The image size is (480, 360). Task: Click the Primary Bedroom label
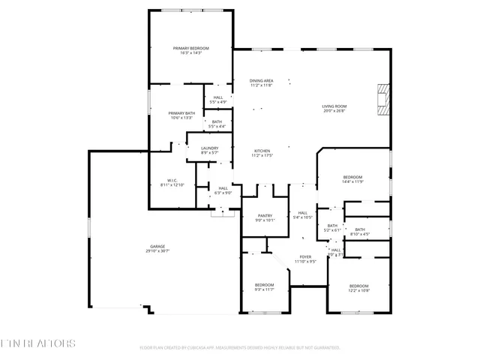coord(190,48)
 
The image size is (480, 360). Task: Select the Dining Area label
coord(261,80)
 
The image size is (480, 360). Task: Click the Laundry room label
coord(209,148)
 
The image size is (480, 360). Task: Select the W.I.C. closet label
coord(171,180)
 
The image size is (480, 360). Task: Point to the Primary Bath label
coord(181,112)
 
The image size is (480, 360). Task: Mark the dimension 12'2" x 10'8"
coord(358,290)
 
